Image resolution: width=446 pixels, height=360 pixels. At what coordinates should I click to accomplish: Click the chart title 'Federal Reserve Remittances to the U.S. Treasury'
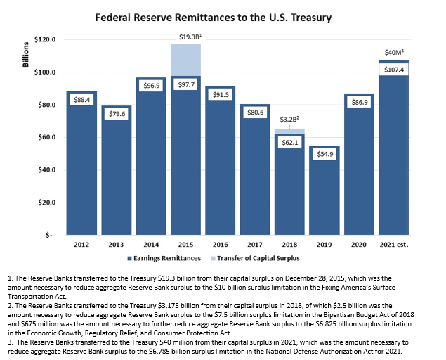click(223, 15)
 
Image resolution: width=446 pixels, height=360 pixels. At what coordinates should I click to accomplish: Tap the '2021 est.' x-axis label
click(395, 244)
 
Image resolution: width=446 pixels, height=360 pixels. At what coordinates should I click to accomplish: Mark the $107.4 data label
click(395, 70)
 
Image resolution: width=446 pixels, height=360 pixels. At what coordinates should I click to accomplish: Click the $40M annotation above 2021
click(395, 52)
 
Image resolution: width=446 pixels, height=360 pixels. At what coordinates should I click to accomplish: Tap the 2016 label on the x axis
click(220, 244)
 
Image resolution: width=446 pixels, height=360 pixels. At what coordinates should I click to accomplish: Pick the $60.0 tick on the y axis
click(46, 137)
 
